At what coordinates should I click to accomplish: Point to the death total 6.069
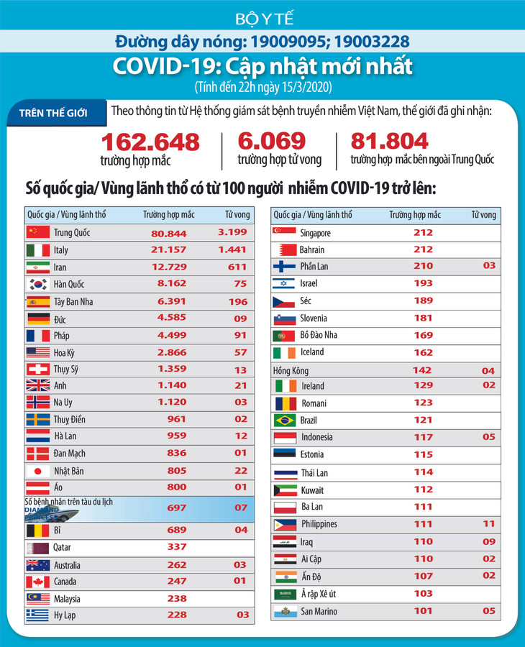pyautogui.click(x=272, y=141)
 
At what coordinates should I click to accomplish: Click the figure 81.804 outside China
pyautogui.click(x=389, y=141)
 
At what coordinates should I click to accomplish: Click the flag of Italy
pyautogui.click(x=37, y=249)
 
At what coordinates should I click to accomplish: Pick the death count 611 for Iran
pyautogui.click(x=237, y=267)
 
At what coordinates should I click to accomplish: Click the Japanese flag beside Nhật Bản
pyautogui.click(x=37, y=470)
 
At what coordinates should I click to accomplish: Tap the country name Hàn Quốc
pyautogui.click(x=70, y=284)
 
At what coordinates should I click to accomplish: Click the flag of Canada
pyautogui.click(x=37, y=581)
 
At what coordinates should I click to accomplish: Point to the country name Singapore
pyautogui.click(x=315, y=233)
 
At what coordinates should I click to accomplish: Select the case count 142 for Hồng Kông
pyautogui.click(x=422, y=370)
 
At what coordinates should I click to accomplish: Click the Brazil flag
pyautogui.click(x=284, y=420)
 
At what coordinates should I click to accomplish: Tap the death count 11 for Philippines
pyautogui.click(x=488, y=523)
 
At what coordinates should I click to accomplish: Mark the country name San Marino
pyautogui.click(x=319, y=612)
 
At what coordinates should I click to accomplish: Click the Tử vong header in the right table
pyautogui.click(x=483, y=215)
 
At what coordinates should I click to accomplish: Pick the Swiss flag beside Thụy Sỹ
pyautogui.click(x=37, y=369)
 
